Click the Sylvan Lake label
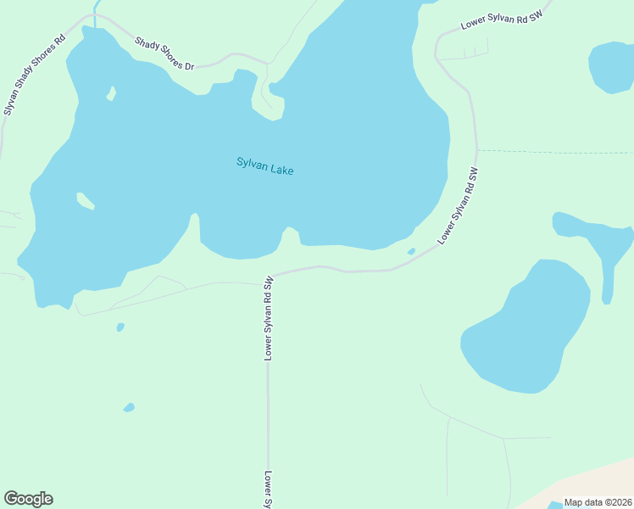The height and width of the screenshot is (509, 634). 264,166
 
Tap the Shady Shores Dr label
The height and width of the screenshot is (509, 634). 165,53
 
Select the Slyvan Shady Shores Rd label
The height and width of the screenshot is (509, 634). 35,75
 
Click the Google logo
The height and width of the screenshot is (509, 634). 28,499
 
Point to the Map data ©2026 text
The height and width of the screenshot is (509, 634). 598,502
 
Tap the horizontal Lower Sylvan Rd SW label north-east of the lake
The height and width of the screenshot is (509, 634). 501,15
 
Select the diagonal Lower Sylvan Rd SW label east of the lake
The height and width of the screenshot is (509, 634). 459,206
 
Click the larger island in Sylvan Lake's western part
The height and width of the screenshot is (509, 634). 85,201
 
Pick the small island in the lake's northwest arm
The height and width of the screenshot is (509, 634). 110,93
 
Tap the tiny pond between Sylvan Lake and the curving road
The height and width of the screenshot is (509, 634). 411,251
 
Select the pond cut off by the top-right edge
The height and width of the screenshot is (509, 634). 612,67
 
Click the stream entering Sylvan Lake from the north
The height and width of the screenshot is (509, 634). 94,12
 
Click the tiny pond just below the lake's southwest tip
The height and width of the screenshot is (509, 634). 120,327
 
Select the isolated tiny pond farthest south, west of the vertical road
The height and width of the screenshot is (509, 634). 129,407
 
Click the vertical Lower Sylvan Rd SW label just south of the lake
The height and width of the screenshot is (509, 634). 268,318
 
